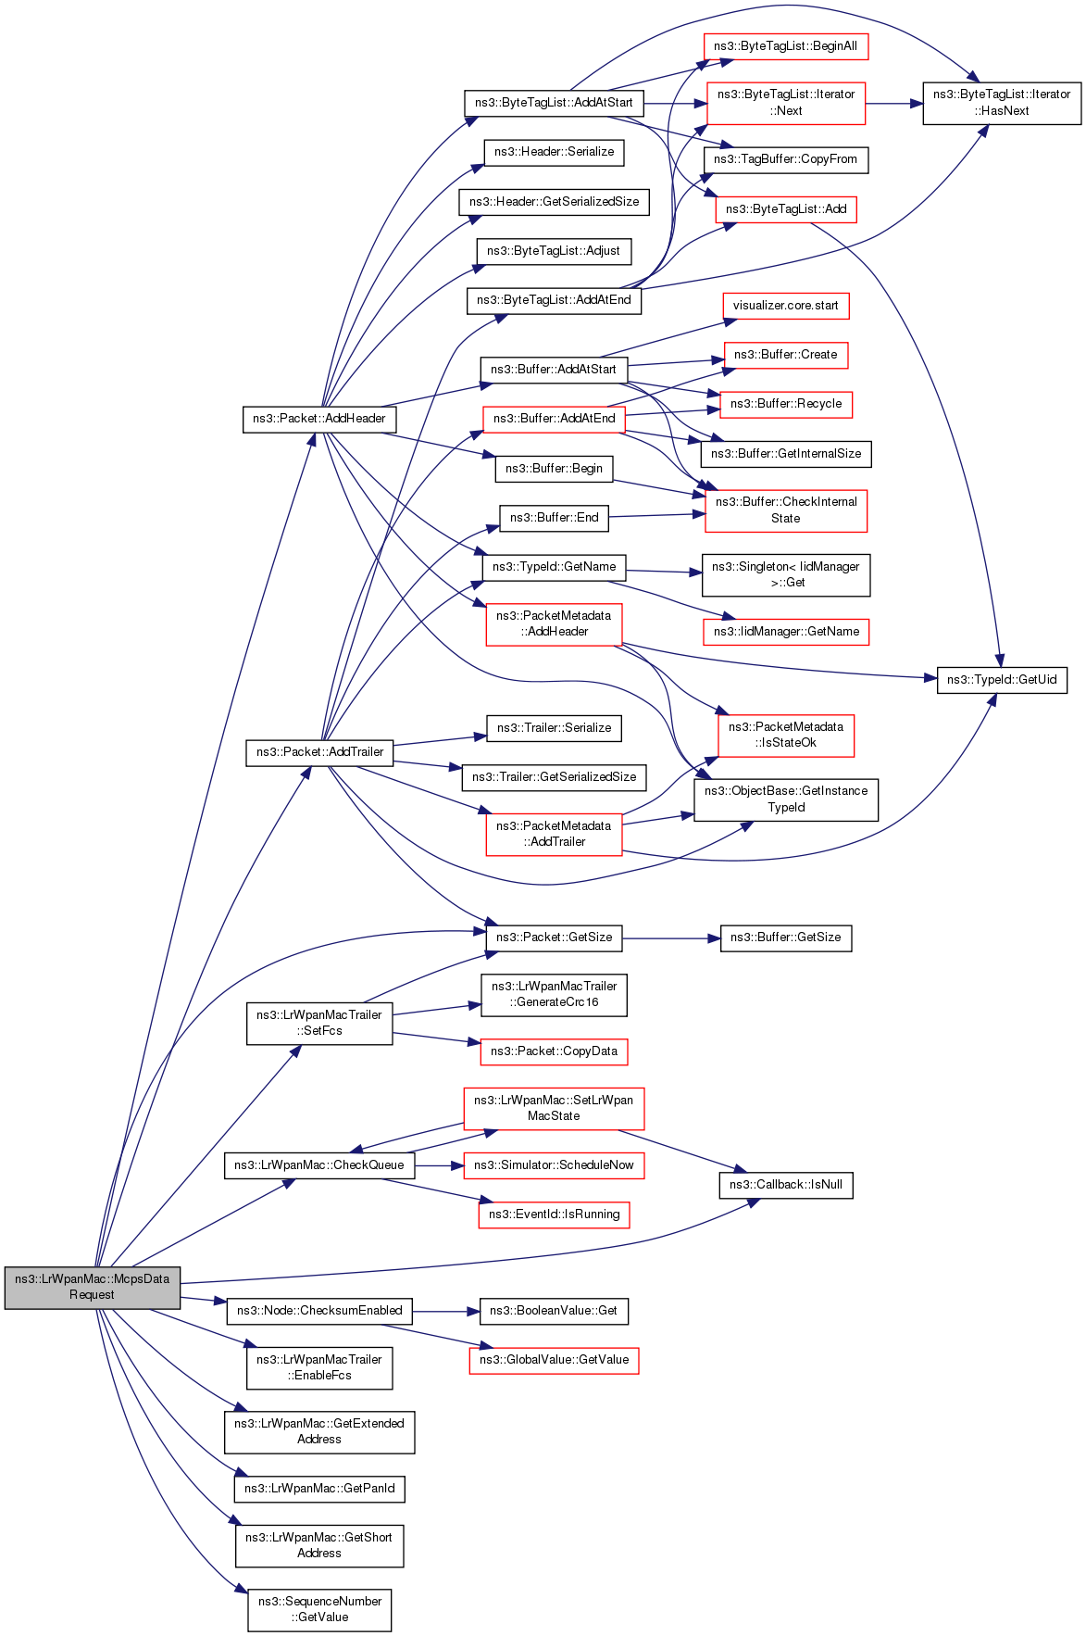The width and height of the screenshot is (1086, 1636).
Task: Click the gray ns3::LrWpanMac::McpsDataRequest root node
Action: tap(92, 1287)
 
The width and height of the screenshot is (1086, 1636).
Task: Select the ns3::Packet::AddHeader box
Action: tap(319, 419)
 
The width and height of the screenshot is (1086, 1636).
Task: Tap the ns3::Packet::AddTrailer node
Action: tap(319, 752)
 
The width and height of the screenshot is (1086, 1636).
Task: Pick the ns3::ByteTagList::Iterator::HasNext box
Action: tap(1002, 103)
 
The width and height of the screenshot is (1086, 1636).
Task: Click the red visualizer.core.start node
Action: tap(785, 306)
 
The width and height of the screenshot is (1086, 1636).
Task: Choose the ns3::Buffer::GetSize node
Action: tap(785, 938)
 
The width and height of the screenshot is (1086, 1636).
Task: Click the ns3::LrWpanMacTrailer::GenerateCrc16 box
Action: tap(554, 995)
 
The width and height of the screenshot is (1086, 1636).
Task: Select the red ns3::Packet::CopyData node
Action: tap(554, 1051)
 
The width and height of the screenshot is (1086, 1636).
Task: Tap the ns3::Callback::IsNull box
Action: tap(785, 1185)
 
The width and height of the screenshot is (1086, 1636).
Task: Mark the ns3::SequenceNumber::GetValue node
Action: tap(319, 1610)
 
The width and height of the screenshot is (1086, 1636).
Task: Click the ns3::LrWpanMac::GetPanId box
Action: tap(319, 1489)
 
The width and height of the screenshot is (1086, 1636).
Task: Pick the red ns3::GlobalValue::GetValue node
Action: tap(554, 1361)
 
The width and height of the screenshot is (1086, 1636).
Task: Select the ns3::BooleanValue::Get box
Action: tap(554, 1311)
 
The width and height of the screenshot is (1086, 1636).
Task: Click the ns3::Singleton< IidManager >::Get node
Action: tap(785, 575)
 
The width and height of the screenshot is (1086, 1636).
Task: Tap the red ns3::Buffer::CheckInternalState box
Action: tap(785, 510)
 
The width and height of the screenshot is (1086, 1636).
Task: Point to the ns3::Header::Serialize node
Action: tap(554, 152)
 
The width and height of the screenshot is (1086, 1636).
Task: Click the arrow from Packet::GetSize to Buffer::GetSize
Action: tap(671, 938)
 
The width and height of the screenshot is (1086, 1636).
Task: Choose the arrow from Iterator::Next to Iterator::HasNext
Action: tap(894, 103)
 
